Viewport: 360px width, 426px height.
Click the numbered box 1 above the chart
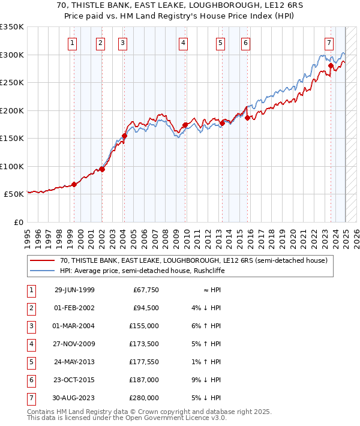click(x=73, y=43)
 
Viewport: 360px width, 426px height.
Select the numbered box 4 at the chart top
click(x=182, y=43)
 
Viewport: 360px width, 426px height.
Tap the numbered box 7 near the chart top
click(x=329, y=43)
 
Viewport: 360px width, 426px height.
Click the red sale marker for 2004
click(x=124, y=136)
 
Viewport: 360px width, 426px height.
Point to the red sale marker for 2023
click(x=331, y=65)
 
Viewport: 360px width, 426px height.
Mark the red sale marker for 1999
click(x=74, y=184)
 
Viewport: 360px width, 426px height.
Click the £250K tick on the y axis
click(x=12, y=82)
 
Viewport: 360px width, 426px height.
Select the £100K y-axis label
click(x=12, y=166)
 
